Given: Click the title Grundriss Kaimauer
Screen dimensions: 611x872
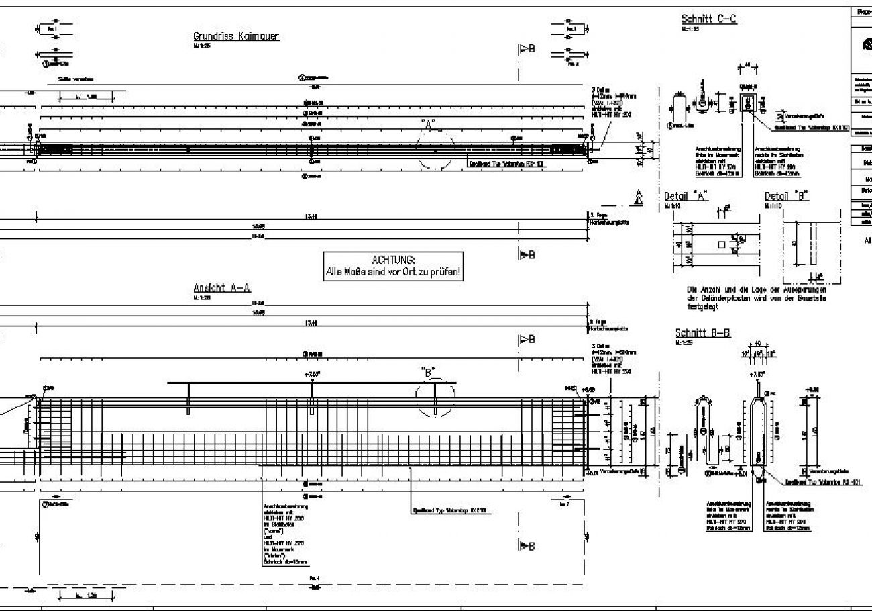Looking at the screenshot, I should [236, 36].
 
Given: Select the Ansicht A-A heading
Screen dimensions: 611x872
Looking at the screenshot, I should [222, 288].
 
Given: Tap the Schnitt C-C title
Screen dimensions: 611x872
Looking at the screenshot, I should [708, 19].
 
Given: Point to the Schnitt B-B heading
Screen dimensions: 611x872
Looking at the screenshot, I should [702, 333].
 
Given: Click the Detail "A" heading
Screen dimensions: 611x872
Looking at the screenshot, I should [686, 197].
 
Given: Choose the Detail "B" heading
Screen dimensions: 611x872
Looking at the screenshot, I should [787, 197].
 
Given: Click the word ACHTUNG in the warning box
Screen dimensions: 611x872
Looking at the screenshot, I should [393, 260].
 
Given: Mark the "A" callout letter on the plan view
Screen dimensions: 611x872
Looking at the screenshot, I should [429, 123].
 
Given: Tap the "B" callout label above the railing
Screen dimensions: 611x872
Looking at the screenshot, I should [428, 370].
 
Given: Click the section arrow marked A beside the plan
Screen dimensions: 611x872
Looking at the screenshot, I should [639, 197].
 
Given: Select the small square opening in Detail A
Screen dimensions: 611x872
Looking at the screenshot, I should [721, 245].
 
